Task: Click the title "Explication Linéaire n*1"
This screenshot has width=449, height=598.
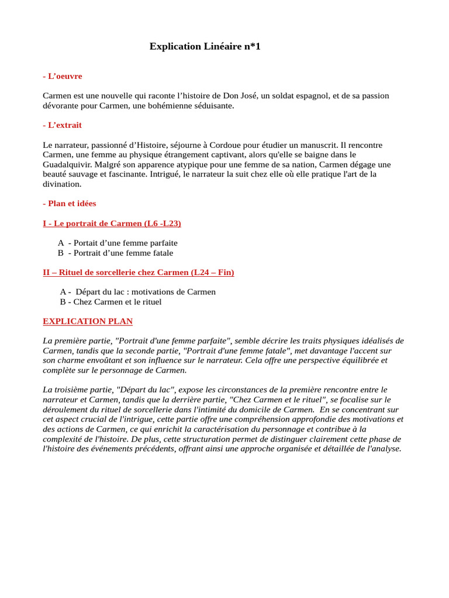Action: tap(205, 46)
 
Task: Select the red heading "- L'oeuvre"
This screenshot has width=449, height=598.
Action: tap(63, 76)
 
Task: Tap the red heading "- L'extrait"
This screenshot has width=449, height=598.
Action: tap(63, 125)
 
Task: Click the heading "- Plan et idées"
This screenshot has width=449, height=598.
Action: tap(70, 203)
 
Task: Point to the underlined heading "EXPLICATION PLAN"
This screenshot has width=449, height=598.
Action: tap(88, 321)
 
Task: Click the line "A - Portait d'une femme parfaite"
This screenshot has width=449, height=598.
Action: tap(118, 242)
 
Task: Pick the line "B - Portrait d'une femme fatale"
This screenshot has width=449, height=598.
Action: tap(115, 253)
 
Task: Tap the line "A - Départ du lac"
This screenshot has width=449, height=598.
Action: tap(137, 291)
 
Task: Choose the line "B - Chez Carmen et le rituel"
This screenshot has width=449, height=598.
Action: tap(110, 302)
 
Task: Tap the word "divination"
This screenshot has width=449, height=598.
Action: tap(62, 184)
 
